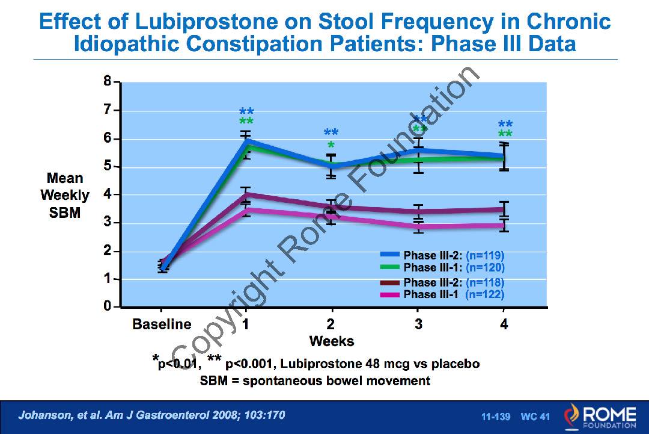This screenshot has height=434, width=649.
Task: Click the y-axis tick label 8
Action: (x=108, y=82)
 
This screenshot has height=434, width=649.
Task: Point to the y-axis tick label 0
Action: (x=108, y=307)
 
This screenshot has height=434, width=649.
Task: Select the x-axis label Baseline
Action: (x=162, y=324)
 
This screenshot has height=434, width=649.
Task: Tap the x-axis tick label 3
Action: (x=418, y=324)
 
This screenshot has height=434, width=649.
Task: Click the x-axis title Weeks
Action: (x=332, y=341)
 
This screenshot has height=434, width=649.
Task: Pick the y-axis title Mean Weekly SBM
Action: (x=64, y=195)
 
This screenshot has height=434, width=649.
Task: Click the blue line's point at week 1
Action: (x=246, y=141)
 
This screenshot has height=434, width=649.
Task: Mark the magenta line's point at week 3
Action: (x=418, y=226)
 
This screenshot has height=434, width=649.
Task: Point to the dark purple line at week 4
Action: (x=504, y=209)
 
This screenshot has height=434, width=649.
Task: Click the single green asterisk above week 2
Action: (x=331, y=146)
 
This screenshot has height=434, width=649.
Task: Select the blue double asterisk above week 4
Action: (x=505, y=124)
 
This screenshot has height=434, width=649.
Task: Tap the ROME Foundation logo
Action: (x=599, y=417)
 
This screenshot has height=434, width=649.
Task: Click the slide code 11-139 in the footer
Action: (x=496, y=417)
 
